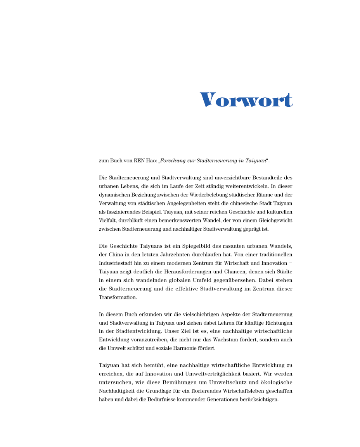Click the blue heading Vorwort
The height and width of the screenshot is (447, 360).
(246, 100)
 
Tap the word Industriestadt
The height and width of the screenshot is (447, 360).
(115, 263)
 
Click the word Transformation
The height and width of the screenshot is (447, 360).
(118, 297)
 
